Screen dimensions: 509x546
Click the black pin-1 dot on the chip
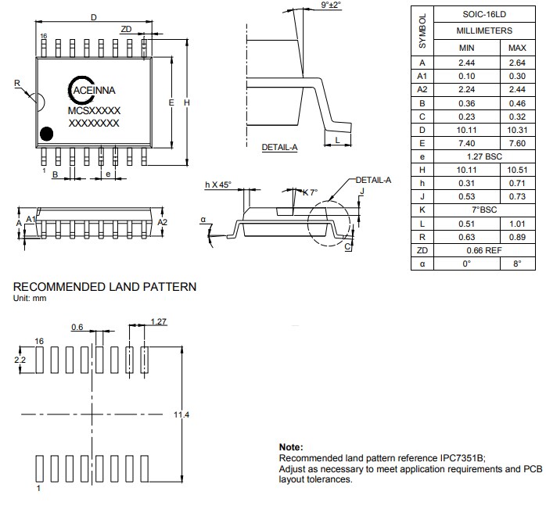47,134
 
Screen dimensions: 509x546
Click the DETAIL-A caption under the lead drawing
279,146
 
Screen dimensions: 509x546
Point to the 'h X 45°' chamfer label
218,185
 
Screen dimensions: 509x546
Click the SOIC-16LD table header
484,14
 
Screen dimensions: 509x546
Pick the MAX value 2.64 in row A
517,63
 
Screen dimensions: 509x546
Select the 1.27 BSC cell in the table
484,156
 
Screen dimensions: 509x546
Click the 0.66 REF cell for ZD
484,249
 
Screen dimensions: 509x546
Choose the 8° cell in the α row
517,263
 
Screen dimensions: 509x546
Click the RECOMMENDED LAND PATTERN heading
105,287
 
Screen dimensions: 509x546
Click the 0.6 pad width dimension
77,328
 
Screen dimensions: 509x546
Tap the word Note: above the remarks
291,446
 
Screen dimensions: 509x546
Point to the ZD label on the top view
127,29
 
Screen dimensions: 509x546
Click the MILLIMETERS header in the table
484,30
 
